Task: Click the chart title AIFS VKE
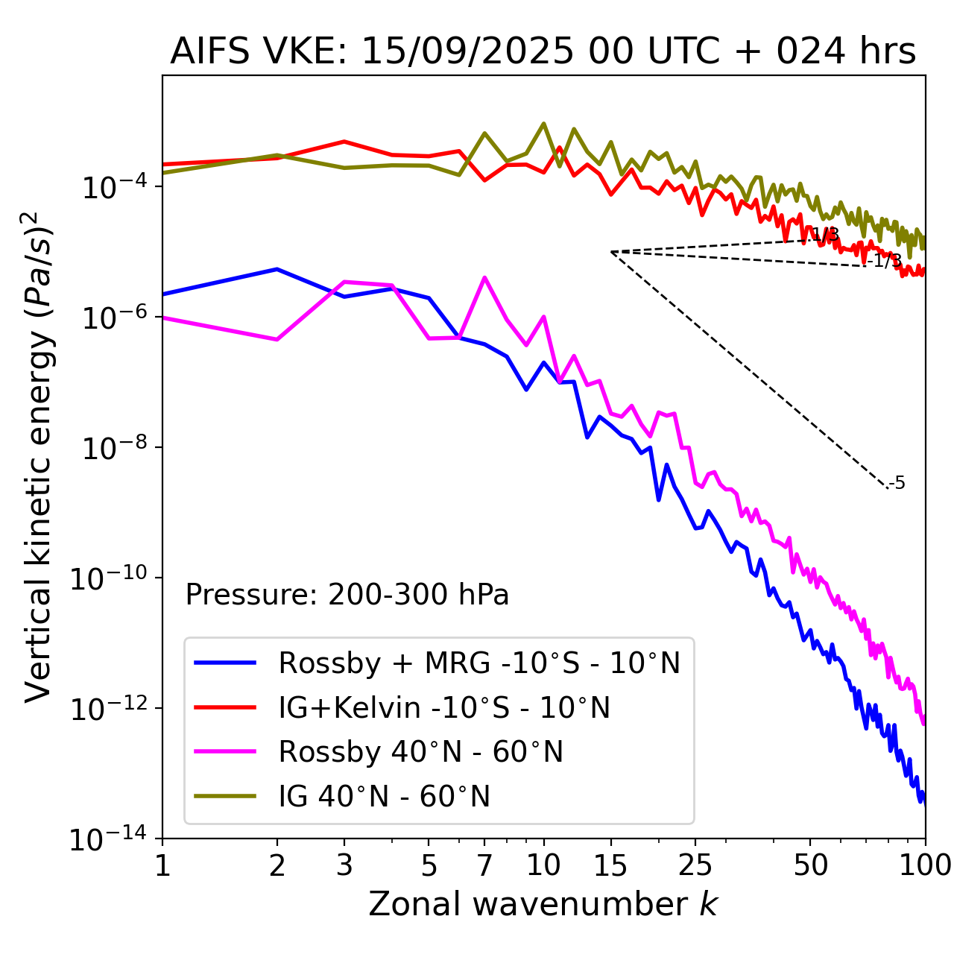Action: [543, 52]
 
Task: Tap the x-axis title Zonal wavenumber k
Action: [543, 904]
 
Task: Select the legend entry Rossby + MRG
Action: [478, 663]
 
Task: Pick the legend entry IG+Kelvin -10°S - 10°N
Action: [444, 707]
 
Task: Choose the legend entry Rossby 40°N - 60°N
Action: [420, 752]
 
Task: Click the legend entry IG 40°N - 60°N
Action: [384, 797]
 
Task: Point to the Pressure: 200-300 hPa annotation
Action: [347, 595]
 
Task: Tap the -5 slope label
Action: [897, 484]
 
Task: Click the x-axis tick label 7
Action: [484, 865]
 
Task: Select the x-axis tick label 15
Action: [611, 865]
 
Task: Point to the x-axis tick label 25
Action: [695, 865]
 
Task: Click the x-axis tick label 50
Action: [810, 865]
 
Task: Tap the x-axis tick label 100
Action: [924, 865]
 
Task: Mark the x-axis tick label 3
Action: [344, 865]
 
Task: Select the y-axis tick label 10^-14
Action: [109, 839]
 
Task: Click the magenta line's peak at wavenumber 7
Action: [484, 278]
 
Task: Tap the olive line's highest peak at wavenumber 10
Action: [543, 123]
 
